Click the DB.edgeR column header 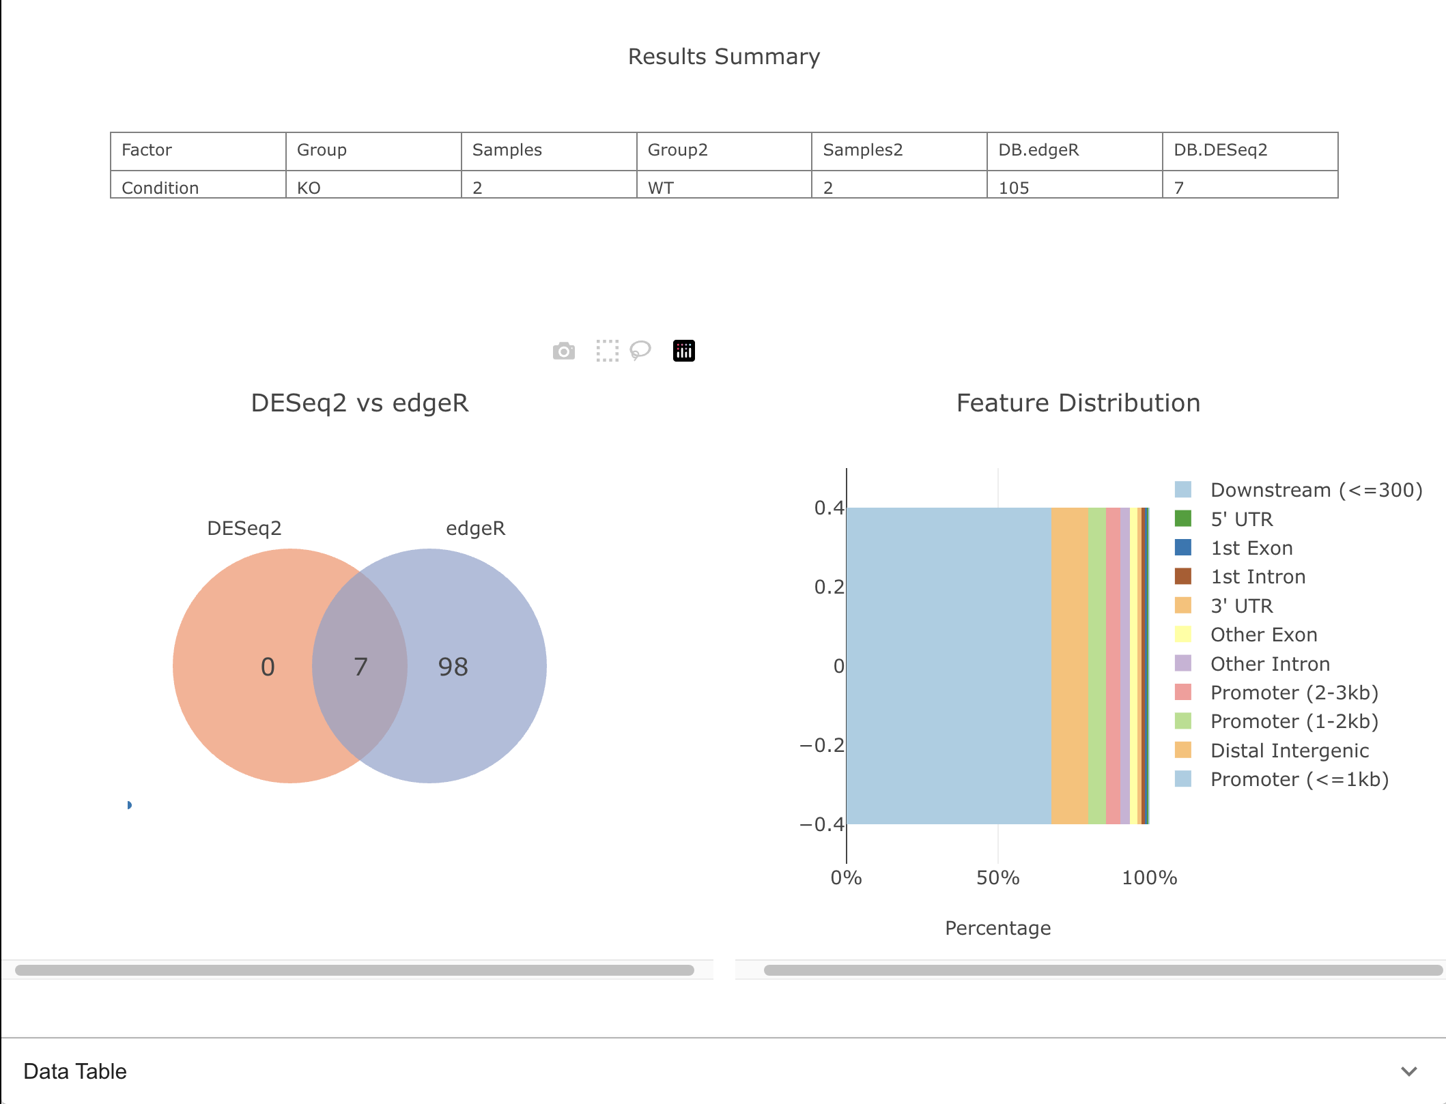click(1038, 150)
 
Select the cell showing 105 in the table click(1013, 188)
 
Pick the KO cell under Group click(309, 188)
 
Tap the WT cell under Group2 click(660, 188)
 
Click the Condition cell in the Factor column click(160, 188)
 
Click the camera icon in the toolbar click(563, 351)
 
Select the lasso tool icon click(640, 351)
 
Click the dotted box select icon click(607, 351)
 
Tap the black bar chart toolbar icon click(683, 351)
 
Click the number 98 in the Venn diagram click(453, 667)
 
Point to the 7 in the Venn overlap click(360, 667)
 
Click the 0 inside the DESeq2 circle click(268, 667)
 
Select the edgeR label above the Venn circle click(475, 528)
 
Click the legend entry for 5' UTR click(1241, 519)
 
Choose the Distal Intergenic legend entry click(1289, 751)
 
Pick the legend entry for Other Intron click(1269, 664)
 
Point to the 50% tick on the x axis click(997, 877)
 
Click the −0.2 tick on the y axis click(822, 745)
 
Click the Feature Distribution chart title click(1078, 403)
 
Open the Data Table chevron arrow click(1408, 1071)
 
